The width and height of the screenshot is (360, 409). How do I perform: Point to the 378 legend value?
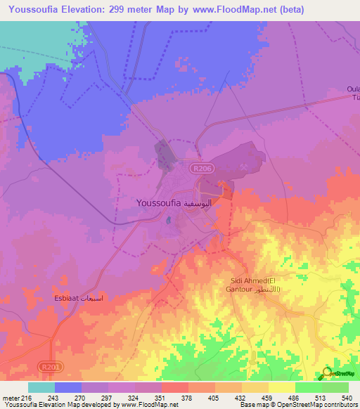pyautogui.click(x=188, y=398)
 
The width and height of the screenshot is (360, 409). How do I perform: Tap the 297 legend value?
pyautogui.click(x=108, y=398)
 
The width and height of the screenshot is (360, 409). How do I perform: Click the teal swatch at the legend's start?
pyautogui.click(x=41, y=387)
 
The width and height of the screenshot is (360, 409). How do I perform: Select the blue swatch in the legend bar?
pyautogui.click(x=68, y=387)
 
